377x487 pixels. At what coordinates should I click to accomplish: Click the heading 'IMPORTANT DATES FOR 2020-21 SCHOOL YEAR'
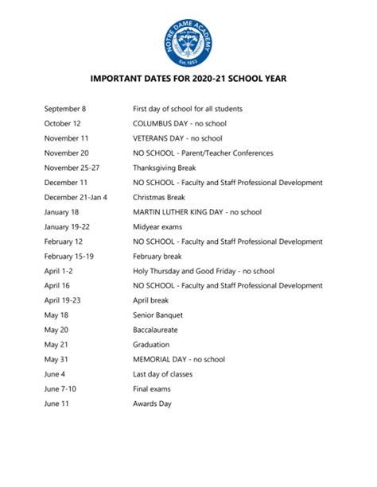pyautogui.click(x=188, y=79)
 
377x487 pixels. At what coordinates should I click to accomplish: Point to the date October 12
pyautogui.click(x=63, y=124)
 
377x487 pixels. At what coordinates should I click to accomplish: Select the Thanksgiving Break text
pyautogui.click(x=164, y=168)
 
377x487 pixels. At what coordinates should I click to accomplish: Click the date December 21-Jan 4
pyautogui.click(x=76, y=198)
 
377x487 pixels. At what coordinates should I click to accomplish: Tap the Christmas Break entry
pyautogui.click(x=158, y=198)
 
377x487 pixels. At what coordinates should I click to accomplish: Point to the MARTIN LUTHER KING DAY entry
pyautogui.click(x=196, y=212)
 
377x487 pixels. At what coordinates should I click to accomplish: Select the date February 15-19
pyautogui.click(x=69, y=257)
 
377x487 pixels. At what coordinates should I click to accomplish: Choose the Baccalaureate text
pyautogui.click(x=157, y=330)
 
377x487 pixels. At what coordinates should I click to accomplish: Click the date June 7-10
pyautogui.click(x=62, y=389)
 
